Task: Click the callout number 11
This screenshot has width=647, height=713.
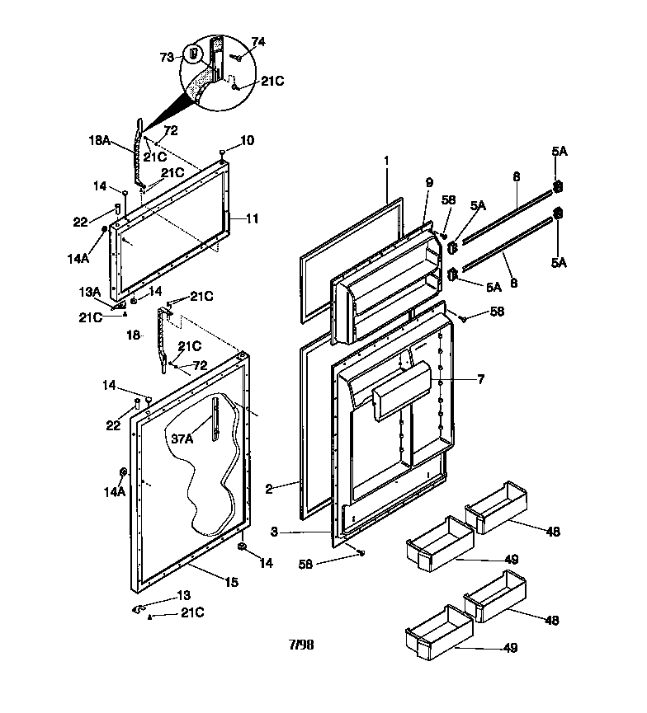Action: [253, 218]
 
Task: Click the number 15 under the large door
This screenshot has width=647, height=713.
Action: [232, 583]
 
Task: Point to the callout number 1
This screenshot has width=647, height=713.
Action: [385, 158]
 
